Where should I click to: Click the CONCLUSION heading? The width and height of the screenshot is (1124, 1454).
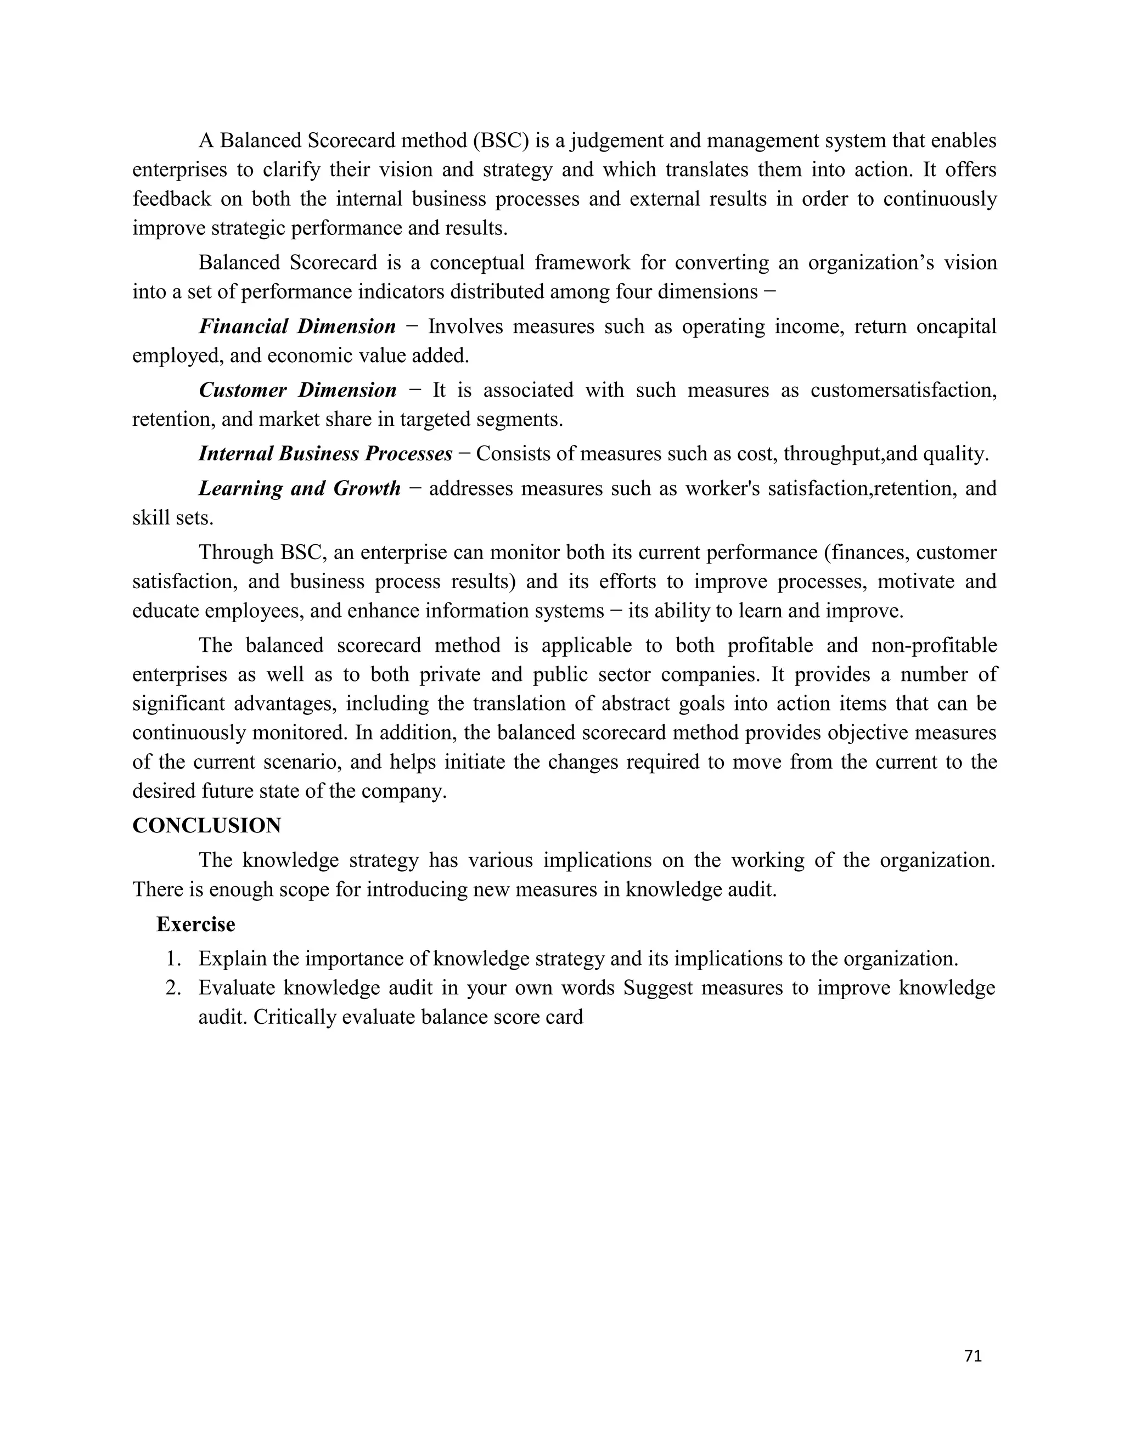(206, 826)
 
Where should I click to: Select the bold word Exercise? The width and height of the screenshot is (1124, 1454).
(196, 924)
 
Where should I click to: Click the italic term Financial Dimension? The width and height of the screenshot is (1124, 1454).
(297, 326)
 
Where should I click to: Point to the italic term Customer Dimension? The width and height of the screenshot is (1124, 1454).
(297, 390)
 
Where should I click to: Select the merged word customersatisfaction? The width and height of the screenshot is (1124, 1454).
(903, 390)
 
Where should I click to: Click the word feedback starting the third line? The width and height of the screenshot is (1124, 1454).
(171, 199)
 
